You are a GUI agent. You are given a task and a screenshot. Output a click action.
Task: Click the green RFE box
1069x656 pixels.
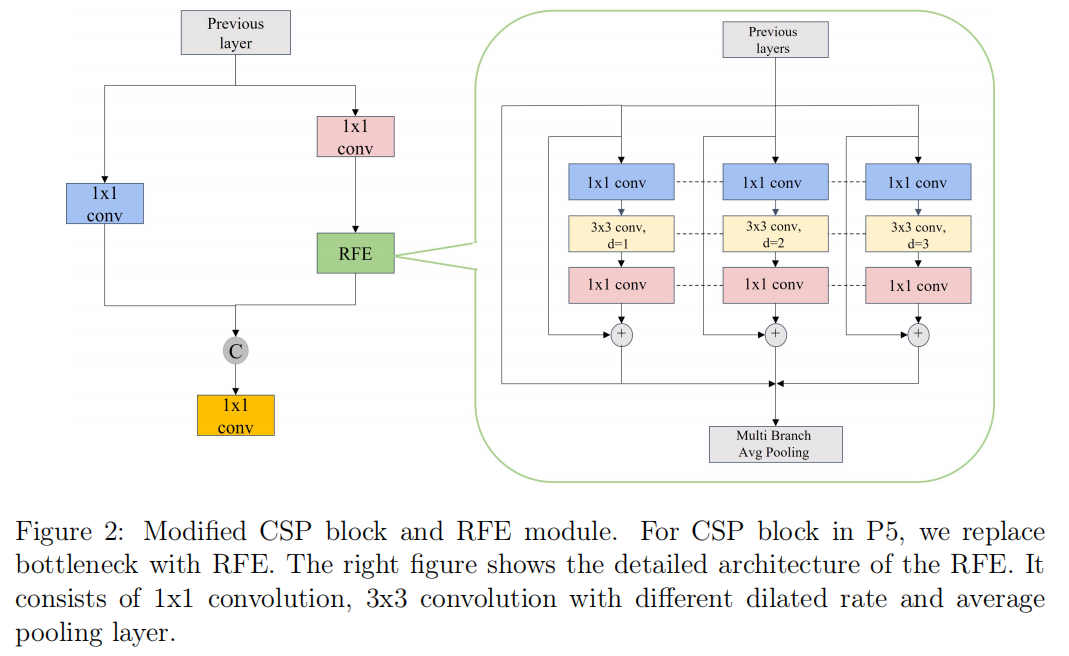click(x=355, y=253)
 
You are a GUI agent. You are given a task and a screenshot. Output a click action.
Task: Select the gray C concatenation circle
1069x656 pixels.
click(x=235, y=351)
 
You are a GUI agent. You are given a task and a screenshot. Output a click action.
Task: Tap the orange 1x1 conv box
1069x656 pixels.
click(x=235, y=415)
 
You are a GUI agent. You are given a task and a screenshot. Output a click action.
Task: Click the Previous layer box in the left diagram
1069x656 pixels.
click(x=236, y=33)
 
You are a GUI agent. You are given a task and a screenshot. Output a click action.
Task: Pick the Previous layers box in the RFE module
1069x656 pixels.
click(x=775, y=40)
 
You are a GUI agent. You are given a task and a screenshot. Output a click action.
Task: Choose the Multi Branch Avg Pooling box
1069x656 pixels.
click(x=775, y=444)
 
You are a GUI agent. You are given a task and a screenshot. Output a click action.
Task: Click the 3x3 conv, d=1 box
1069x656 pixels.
click(x=621, y=234)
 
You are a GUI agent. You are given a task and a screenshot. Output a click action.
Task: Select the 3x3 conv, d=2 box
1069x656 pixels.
click(x=775, y=234)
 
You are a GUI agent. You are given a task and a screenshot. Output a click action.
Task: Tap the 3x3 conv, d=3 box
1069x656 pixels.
click(x=918, y=234)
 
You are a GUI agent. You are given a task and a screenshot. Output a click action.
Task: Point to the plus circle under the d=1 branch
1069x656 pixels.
click(x=622, y=334)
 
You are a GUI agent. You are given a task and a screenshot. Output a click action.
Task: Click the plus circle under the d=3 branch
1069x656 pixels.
click(x=918, y=334)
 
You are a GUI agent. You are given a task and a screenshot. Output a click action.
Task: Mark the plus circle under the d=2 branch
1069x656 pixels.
click(x=776, y=334)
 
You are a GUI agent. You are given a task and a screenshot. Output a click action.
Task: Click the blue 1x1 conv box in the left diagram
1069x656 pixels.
click(x=104, y=203)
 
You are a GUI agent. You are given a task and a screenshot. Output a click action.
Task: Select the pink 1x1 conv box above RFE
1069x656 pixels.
click(x=355, y=137)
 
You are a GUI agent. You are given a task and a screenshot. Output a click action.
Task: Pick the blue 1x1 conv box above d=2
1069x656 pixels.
click(x=775, y=182)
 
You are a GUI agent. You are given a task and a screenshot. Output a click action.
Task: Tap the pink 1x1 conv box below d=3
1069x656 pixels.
click(x=918, y=285)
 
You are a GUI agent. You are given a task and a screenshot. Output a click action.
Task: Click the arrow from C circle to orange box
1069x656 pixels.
click(x=235, y=379)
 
